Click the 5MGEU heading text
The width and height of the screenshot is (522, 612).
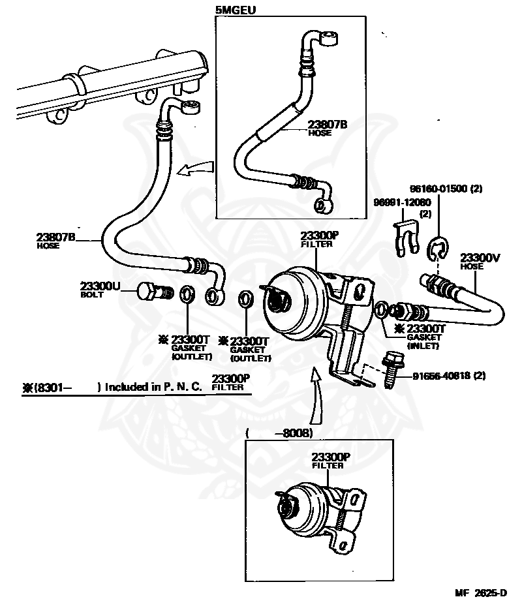click(235, 10)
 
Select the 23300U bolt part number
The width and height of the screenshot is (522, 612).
click(100, 286)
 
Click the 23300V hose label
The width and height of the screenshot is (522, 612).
click(480, 258)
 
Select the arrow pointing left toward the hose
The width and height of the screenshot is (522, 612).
click(196, 170)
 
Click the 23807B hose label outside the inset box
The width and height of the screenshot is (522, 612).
click(55, 237)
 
